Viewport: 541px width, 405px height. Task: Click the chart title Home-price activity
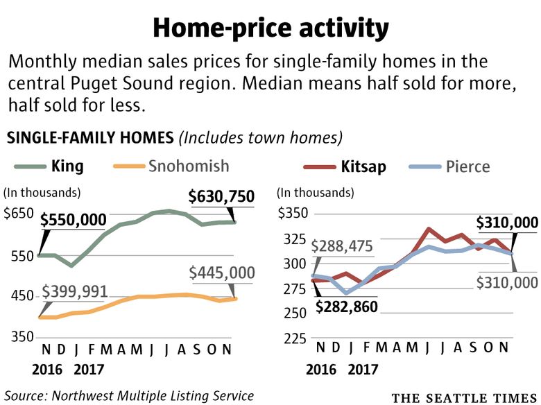click(x=270, y=28)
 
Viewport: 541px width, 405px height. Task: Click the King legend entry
click(x=67, y=166)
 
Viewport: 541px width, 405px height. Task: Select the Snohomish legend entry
click(x=187, y=166)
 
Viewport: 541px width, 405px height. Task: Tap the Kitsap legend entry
click(x=363, y=167)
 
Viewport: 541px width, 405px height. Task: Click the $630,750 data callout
click(x=222, y=197)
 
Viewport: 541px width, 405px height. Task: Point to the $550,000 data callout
click(x=73, y=221)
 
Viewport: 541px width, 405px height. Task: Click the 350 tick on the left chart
click(x=20, y=337)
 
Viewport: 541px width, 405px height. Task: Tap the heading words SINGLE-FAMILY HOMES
click(x=90, y=137)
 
